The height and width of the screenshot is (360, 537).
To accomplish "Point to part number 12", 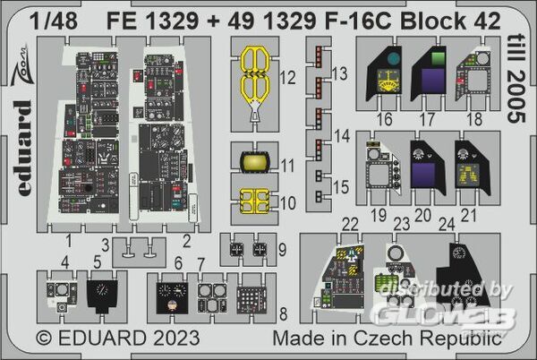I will pos(286,77).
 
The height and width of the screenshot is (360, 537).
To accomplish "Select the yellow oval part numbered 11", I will pos(253,162).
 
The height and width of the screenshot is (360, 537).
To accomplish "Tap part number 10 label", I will pos(286,202).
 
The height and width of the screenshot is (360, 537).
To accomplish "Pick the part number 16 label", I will pos(386,119).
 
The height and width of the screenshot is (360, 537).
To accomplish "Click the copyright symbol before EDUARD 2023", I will pos(45,340).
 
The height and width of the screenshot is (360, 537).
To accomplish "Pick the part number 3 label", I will pos(105,244).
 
